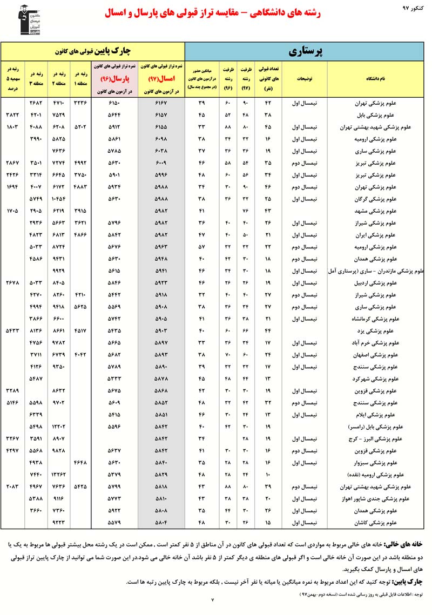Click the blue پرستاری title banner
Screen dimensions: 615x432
click(x=305, y=52)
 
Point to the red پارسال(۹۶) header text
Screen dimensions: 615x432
click(x=114, y=78)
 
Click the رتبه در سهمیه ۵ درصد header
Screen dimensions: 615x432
click(x=12, y=78)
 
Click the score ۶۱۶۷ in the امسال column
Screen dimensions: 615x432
click(x=161, y=103)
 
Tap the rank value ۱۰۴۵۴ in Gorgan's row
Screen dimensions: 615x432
click(x=58, y=199)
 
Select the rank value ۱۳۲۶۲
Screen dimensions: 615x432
click(x=58, y=474)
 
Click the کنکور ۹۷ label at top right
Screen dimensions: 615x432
click(x=414, y=8)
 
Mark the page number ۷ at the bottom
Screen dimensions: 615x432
click(x=212, y=598)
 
